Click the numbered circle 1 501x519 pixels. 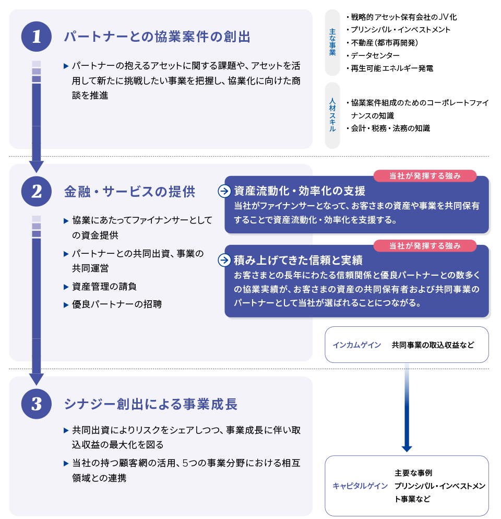pos(37,37)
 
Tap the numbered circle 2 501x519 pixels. pos(37,191)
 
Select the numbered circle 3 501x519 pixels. pos(37,404)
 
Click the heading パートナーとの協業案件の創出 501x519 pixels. pos(157,37)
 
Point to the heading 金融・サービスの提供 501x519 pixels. pos(130,192)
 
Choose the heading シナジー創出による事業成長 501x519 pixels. pos(151,404)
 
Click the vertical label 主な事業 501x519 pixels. pos(332,42)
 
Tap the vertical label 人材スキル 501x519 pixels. pos(332,115)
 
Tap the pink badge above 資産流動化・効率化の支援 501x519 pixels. pos(425,176)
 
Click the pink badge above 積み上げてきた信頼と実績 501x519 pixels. pos(425,245)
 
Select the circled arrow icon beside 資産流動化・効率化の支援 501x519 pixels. pos(224,191)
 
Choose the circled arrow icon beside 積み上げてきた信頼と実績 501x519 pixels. pos(224,260)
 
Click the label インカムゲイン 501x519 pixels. pos(357,345)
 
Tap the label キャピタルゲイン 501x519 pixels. pos(360,486)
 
